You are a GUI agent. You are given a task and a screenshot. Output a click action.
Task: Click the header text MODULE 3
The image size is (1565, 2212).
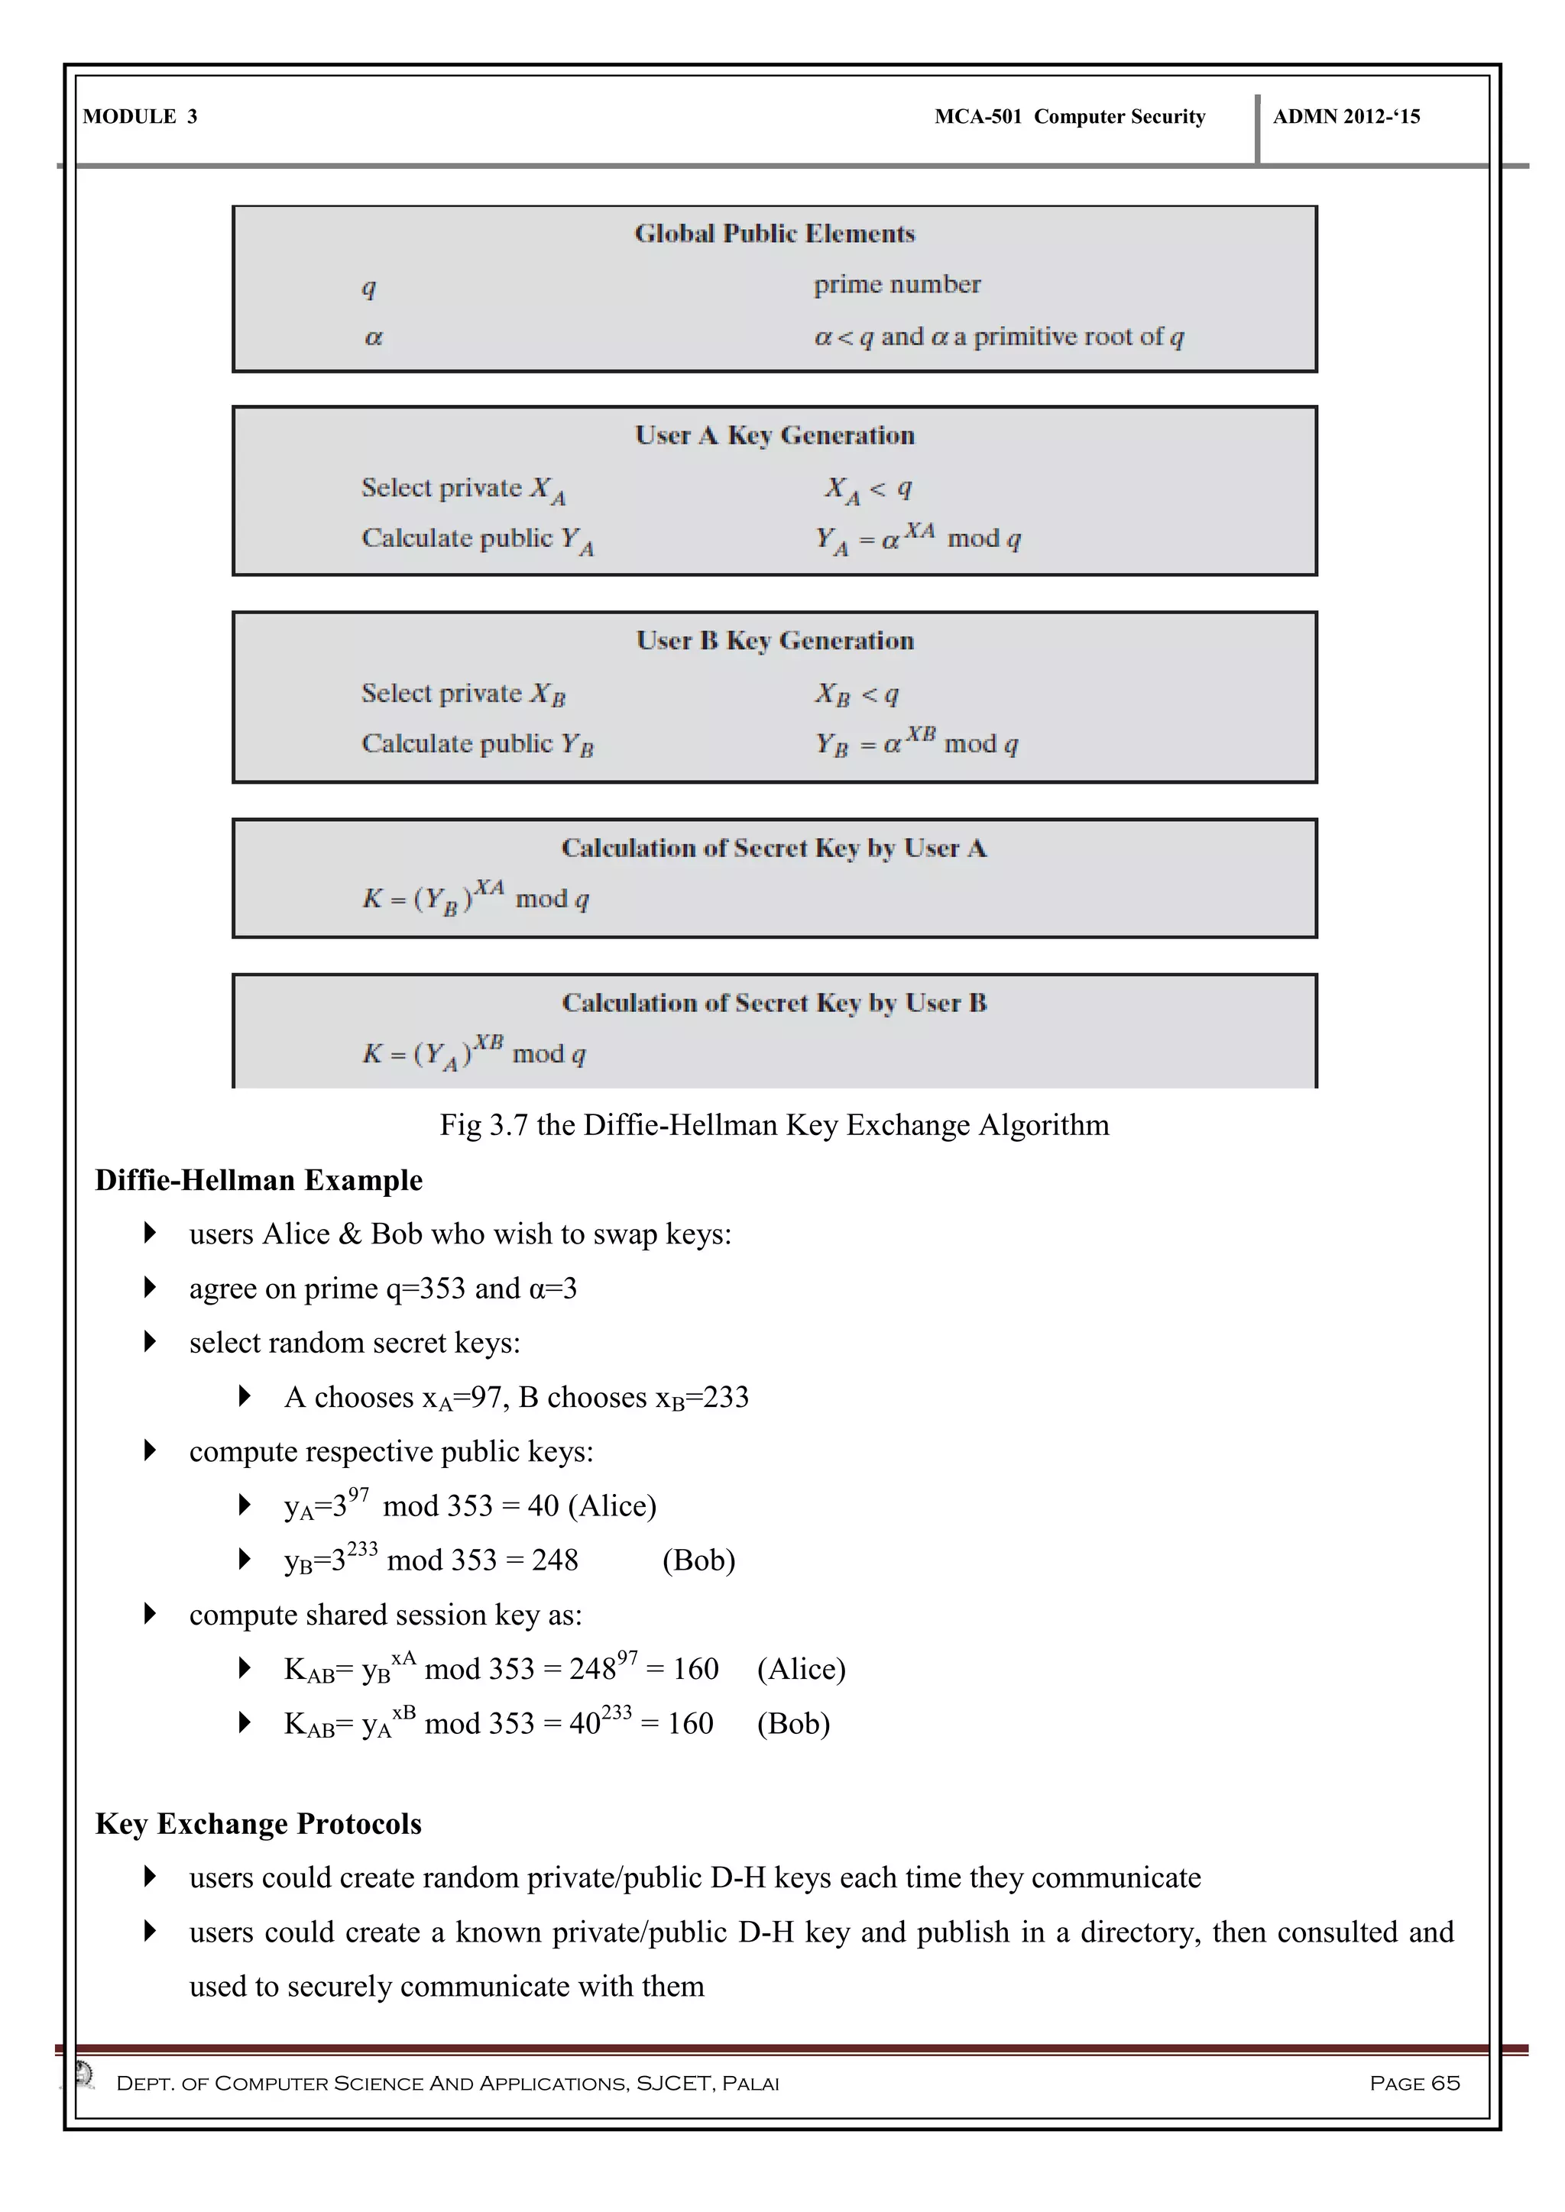click(x=140, y=117)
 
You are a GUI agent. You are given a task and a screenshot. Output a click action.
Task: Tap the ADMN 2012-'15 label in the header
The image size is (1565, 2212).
click(x=1346, y=117)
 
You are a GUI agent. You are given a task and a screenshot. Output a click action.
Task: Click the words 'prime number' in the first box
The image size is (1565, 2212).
click(x=896, y=284)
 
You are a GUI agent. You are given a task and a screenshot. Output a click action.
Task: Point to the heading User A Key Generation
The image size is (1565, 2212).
click(x=774, y=435)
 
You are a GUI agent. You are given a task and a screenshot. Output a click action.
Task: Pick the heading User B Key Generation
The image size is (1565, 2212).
click(x=774, y=641)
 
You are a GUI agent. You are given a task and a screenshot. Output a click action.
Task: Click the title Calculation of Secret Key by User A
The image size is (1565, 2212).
click(x=774, y=848)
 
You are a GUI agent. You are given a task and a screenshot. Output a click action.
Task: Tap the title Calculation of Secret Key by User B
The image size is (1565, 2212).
click(x=774, y=1003)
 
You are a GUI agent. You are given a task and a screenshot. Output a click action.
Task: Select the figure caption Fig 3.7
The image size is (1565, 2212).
click(x=774, y=1125)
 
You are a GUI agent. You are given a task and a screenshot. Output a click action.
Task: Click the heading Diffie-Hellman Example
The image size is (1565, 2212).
click(x=258, y=1180)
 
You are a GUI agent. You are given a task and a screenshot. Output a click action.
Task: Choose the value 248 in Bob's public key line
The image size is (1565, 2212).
click(x=555, y=1560)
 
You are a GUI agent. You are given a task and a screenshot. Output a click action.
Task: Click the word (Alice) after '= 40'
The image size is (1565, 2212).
click(x=612, y=1505)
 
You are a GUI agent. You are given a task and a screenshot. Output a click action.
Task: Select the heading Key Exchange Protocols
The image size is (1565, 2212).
click(x=258, y=1824)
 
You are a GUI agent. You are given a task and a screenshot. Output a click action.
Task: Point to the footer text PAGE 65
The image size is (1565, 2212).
click(x=1414, y=2083)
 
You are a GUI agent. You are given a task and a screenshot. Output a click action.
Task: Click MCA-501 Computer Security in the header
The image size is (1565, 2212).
click(x=1070, y=117)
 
